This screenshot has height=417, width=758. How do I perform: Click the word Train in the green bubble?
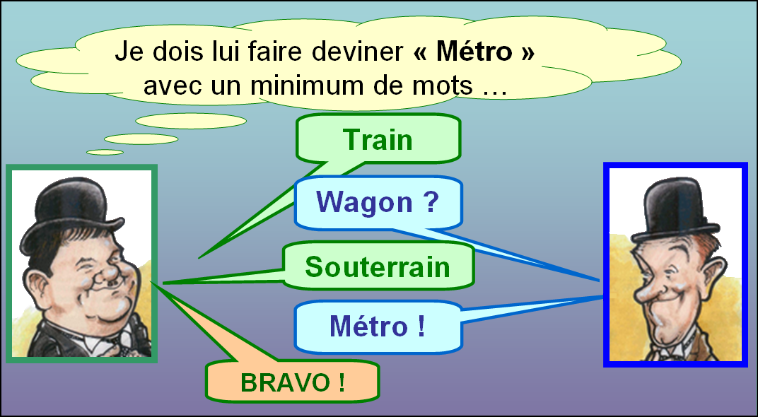click(x=378, y=140)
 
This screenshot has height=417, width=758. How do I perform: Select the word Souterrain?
click(x=378, y=266)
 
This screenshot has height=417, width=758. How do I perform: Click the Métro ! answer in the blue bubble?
click(x=378, y=326)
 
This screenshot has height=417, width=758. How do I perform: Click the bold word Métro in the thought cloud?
click(x=474, y=52)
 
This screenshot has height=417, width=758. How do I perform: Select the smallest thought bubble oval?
click(x=105, y=152)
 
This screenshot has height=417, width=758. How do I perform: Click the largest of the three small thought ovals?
click(x=191, y=121)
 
